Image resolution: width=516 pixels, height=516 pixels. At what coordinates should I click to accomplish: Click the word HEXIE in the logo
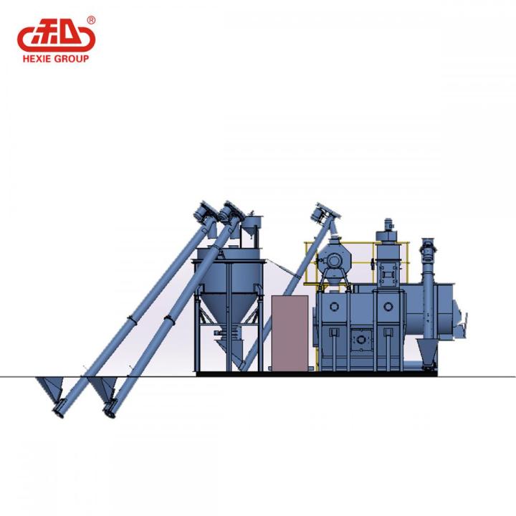click(37, 59)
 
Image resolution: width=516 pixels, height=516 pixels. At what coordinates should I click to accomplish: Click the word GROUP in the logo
click(72, 59)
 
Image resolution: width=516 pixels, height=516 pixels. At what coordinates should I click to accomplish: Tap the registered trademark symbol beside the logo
click(91, 20)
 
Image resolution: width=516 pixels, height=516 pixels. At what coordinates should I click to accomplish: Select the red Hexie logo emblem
click(57, 36)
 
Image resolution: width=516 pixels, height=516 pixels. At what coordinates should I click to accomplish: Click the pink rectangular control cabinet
click(290, 333)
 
